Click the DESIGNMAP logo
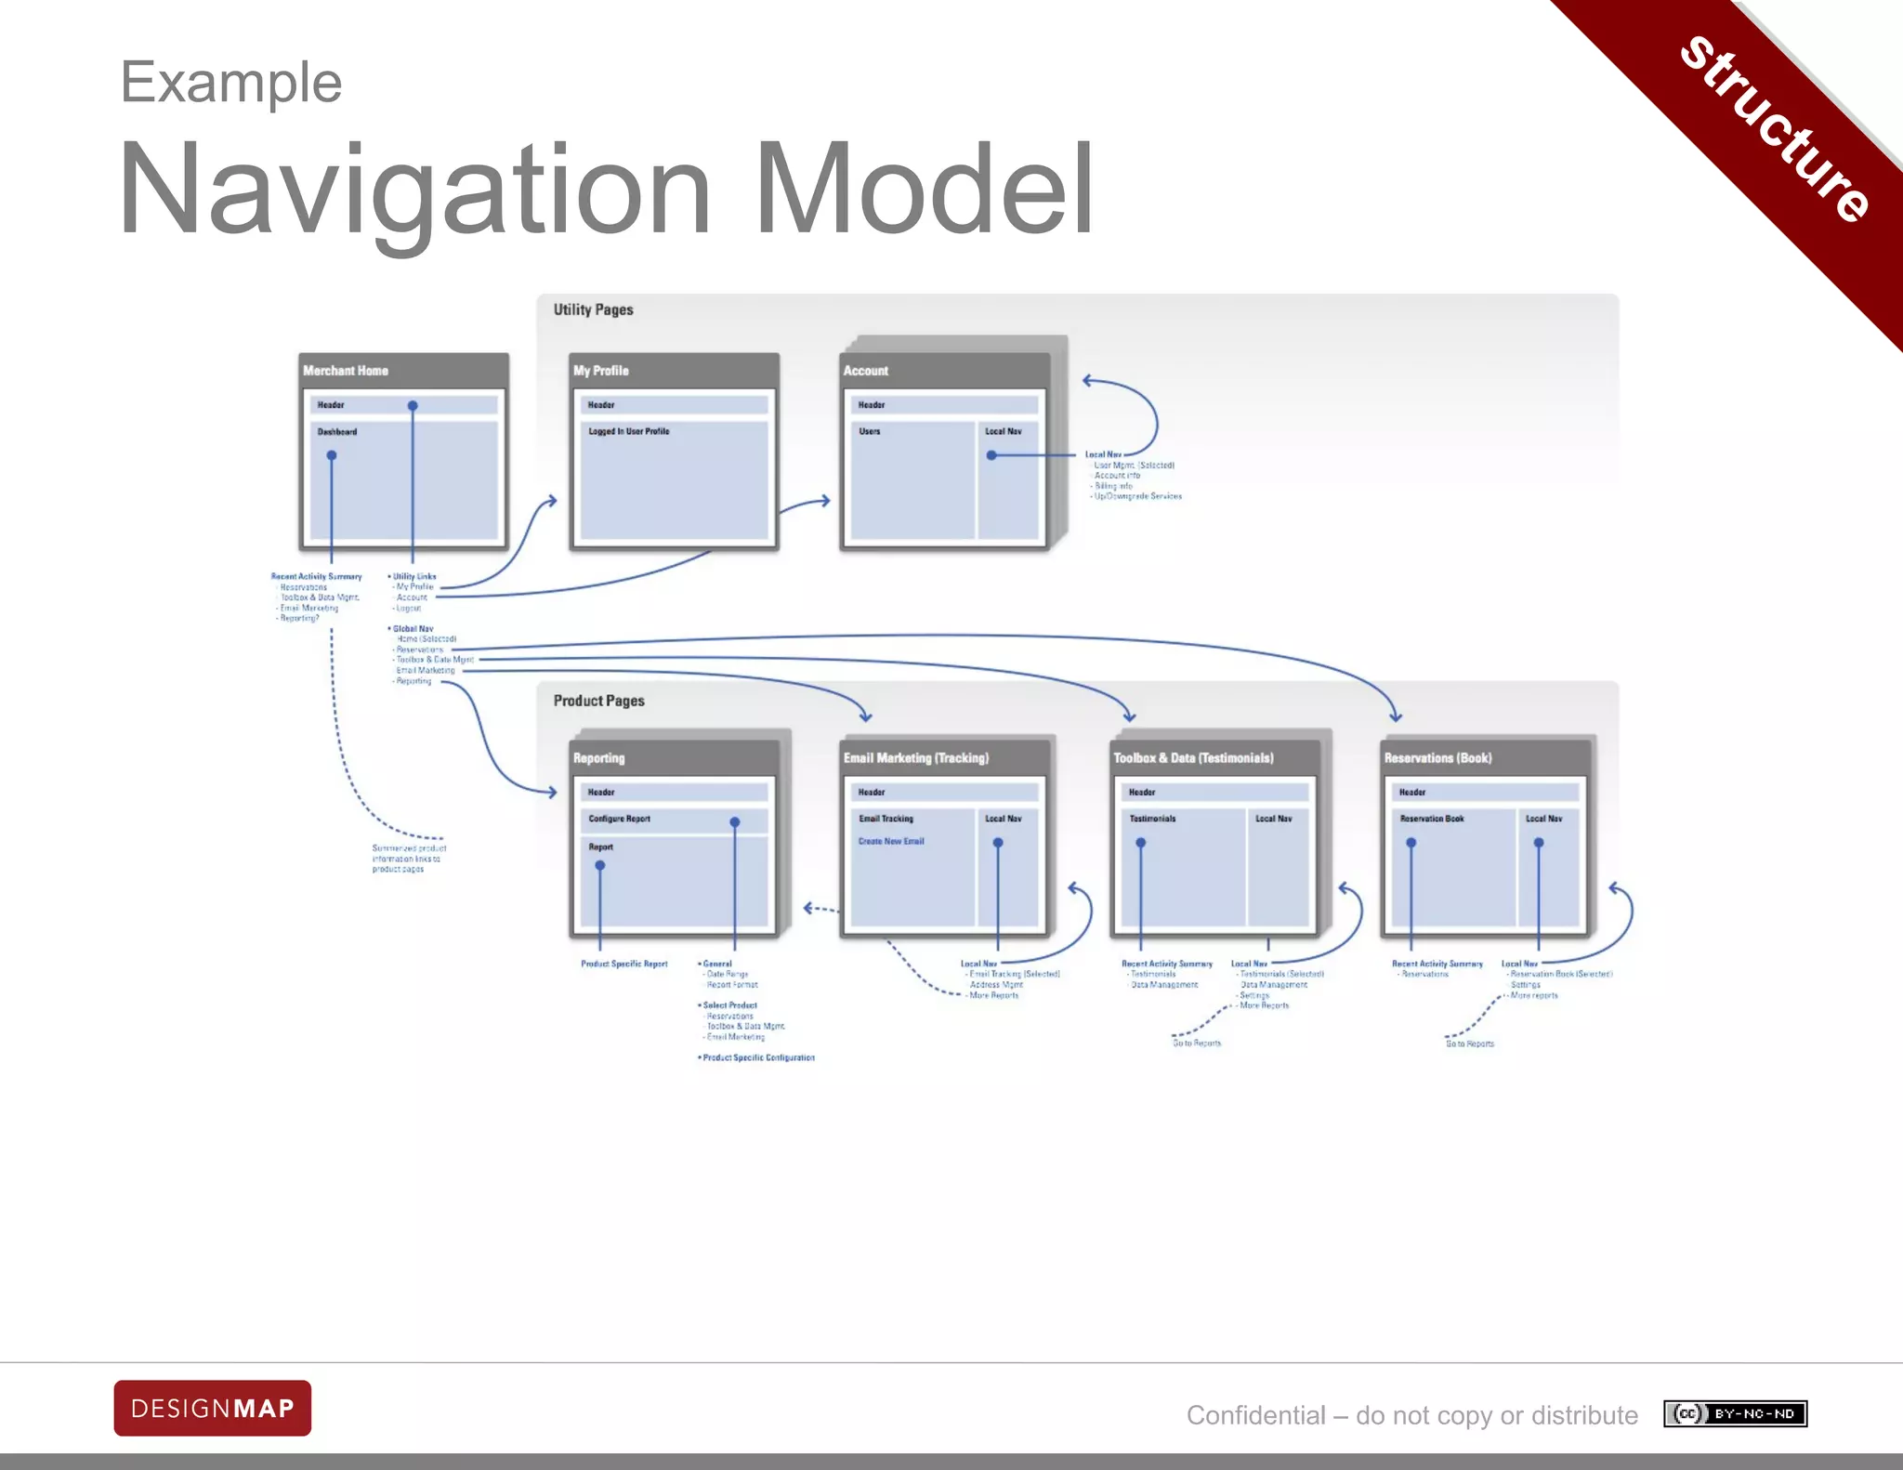pyautogui.click(x=212, y=1408)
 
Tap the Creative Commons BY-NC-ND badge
pyautogui.click(x=1735, y=1413)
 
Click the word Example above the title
pyautogui.click(x=231, y=83)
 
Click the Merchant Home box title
pyautogui.click(x=346, y=371)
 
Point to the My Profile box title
pyautogui.click(x=601, y=371)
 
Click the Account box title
pyautogui.click(x=866, y=371)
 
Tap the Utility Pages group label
pyautogui.click(x=593, y=309)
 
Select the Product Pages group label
pyautogui.click(x=598, y=701)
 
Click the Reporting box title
pyautogui.click(x=599, y=758)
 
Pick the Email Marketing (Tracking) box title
pyautogui.click(x=916, y=758)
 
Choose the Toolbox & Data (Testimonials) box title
pyautogui.click(x=1193, y=758)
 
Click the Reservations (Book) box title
pyautogui.click(x=1437, y=758)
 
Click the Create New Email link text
pyautogui.click(x=891, y=841)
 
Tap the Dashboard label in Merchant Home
pyautogui.click(x=337, y=432)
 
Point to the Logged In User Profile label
pyautogui.click(x=628, y=431)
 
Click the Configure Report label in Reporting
pyautogui.click(x=619, y=819)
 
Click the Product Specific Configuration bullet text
pyautogui.click(x=758, y=1057)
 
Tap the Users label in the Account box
pyautogui.click(x=869, y=431)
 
